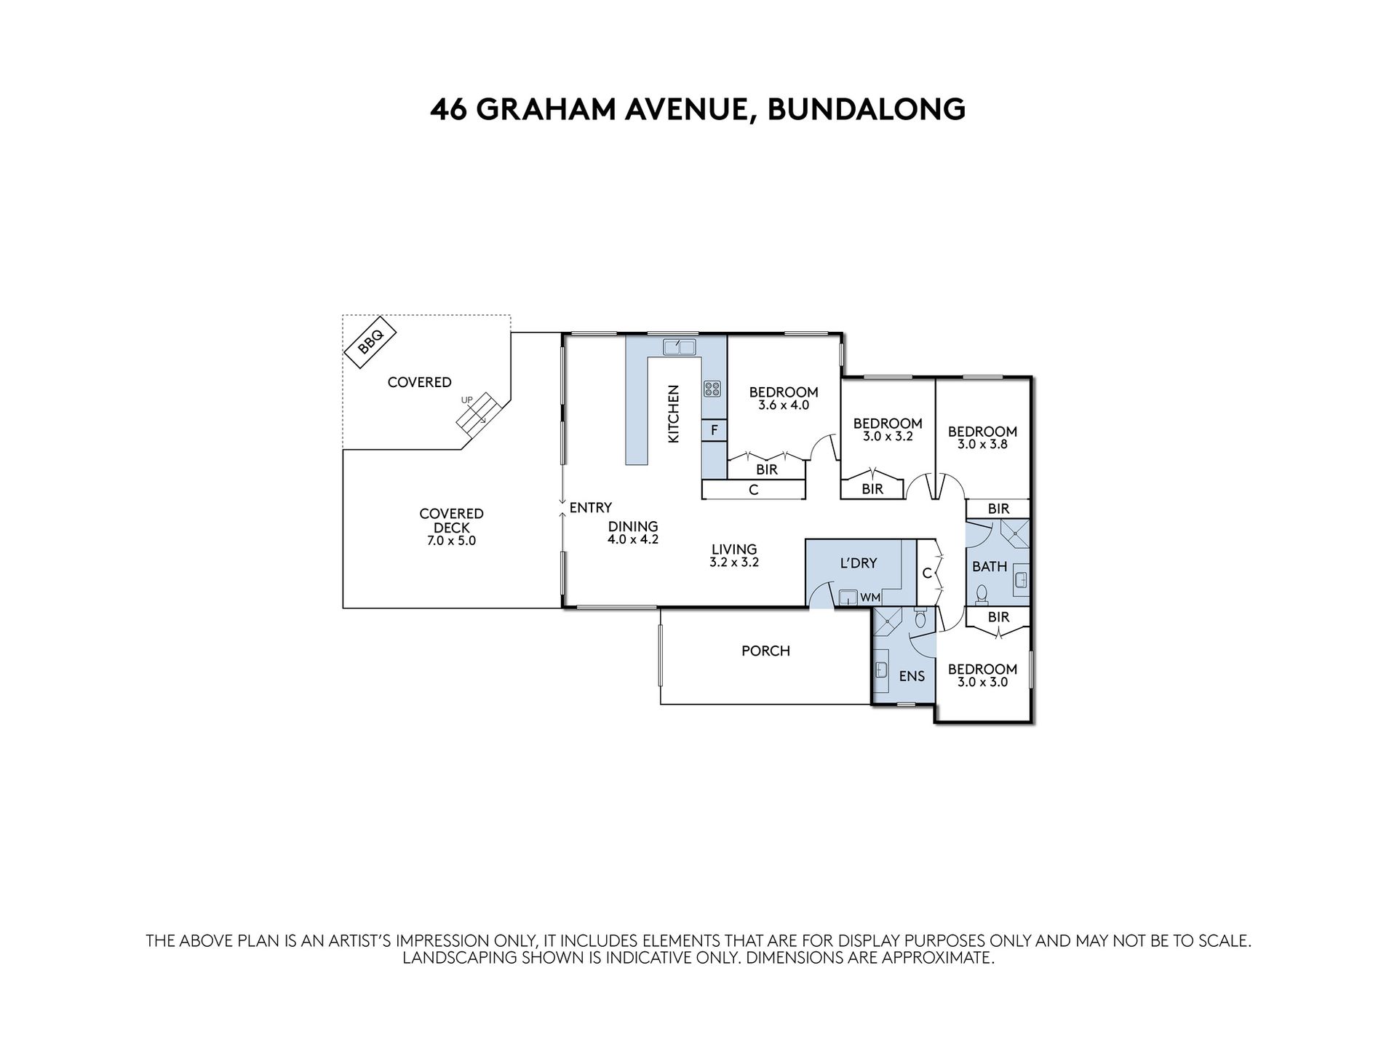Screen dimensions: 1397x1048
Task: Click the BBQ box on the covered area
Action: (370, 340)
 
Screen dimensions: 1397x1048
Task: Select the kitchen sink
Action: (680, 347)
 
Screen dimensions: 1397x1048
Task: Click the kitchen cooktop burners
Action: (712, 389)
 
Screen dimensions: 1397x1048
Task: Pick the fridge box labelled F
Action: (715, 431)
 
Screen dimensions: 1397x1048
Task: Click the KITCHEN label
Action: (674, 414)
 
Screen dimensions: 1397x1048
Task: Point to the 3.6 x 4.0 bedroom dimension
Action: (784, 405)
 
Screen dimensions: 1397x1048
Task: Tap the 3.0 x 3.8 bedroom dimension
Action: (982, 444)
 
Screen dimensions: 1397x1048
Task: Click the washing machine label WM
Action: (870, 598)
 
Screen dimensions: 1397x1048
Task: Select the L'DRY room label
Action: (859, 563)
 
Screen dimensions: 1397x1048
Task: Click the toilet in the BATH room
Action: (982, 594)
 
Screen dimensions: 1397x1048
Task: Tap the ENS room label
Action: (912, 676)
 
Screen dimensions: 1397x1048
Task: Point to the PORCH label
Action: (765, 651)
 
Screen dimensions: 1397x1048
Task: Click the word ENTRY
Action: (590, 508)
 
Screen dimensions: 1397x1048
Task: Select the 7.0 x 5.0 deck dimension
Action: (451, 541)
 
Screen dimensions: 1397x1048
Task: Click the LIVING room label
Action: (734, 549)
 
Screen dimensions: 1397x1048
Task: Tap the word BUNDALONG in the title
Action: (867, 109)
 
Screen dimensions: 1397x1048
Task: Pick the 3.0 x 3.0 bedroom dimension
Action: (982, 682)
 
